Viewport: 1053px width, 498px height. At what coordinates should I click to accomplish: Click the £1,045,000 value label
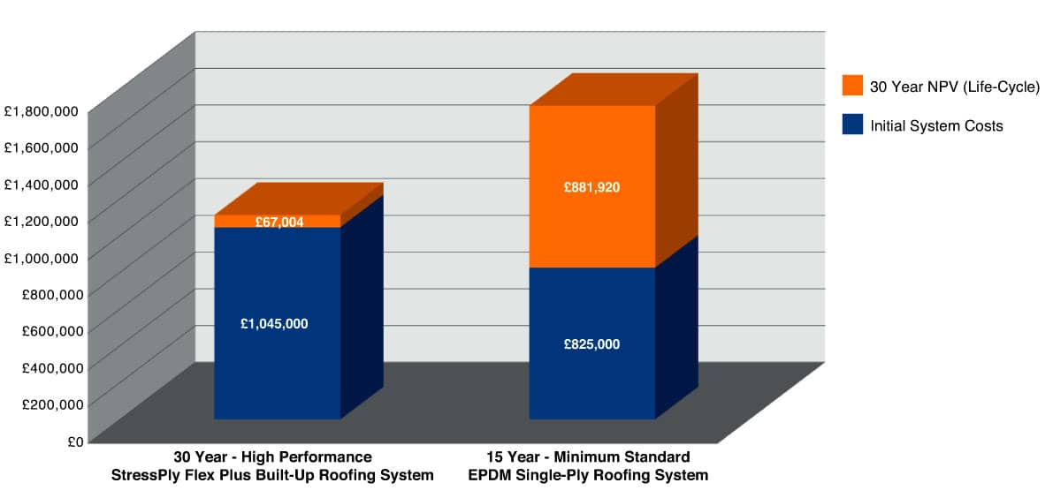point(274,324)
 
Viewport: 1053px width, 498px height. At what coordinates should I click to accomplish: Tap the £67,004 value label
point(279,222)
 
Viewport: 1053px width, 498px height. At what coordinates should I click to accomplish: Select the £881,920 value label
point(591,187)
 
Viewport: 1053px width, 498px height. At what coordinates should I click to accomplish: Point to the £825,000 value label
point(591,344)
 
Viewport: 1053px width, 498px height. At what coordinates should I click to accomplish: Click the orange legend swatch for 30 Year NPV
point(852,85)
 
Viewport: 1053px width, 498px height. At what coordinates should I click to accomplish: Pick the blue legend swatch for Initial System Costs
point(852,124)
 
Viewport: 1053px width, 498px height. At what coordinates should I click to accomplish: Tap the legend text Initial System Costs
point(936,126)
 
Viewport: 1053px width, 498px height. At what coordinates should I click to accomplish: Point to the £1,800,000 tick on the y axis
point(41,110)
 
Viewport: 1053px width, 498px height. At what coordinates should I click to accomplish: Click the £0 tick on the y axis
point(73,441)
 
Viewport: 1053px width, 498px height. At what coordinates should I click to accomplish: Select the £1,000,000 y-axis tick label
point(41,257)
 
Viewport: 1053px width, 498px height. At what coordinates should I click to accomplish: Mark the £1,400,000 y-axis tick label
point(41,184)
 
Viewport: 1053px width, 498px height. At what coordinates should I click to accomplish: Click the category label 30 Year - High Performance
point(272,457)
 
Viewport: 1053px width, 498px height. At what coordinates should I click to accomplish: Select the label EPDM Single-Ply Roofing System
point(588,475)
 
